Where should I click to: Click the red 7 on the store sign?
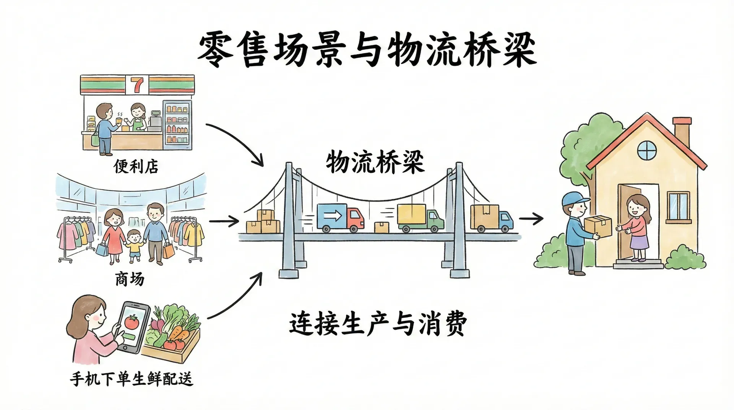coord(137,85)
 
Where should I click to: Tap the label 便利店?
coord(136,166)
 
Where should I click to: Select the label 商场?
coord(130,279)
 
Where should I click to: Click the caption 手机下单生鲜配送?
coord(132,379)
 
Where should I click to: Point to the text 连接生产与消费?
coord(378,324)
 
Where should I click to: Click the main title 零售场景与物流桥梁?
coord(367,50)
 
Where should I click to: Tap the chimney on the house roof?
coord(682,132)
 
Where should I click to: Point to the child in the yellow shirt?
coord(134,246)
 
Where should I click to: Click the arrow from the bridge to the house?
coord(531,219)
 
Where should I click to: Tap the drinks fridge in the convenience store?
coord(177,124)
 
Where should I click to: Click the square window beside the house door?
coord(679,207)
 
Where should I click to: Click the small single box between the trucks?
coord(382,227)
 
